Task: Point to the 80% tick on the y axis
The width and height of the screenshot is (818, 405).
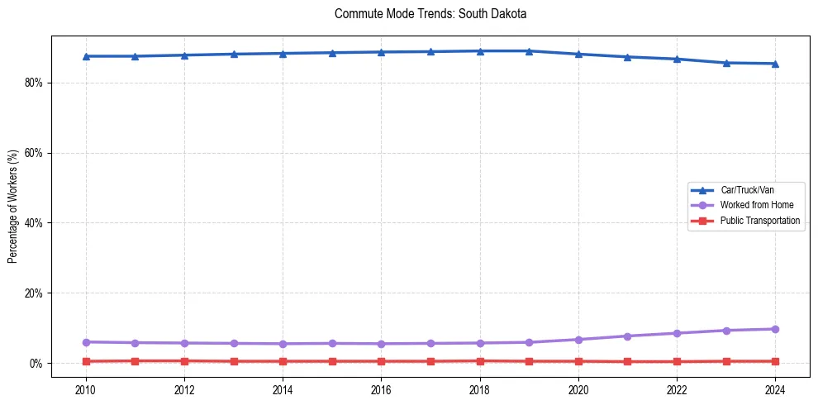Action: [x=35, y=83]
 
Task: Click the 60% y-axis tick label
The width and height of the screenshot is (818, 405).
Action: [x=35, y=153]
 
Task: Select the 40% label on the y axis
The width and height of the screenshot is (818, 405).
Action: [x=35, y=223]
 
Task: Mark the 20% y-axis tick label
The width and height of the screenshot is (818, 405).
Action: [x=35, y=293]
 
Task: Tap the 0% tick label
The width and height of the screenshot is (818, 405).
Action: [x=37, y=364]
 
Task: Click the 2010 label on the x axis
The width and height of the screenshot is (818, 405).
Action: [x=86, y=389]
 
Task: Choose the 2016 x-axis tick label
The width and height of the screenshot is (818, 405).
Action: [x=381, y=389]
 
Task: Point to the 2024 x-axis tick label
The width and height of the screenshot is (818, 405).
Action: [x=775, y=389]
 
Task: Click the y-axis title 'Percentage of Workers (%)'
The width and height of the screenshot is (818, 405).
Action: [x=13, y=206]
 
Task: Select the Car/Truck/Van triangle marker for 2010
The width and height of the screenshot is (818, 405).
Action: [x=86, y=56]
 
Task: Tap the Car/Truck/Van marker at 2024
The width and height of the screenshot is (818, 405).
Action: [x=775, y=64]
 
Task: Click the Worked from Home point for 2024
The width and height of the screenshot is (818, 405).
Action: [x=775, y=329]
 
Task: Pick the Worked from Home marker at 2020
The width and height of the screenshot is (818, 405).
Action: [x=578, y=340]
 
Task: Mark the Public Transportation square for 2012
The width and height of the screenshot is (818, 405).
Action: [x=184, y=361]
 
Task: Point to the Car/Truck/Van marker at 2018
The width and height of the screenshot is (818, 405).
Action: [x=480, y=51]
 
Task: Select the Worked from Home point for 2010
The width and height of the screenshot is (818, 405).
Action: [x=86, y=342]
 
